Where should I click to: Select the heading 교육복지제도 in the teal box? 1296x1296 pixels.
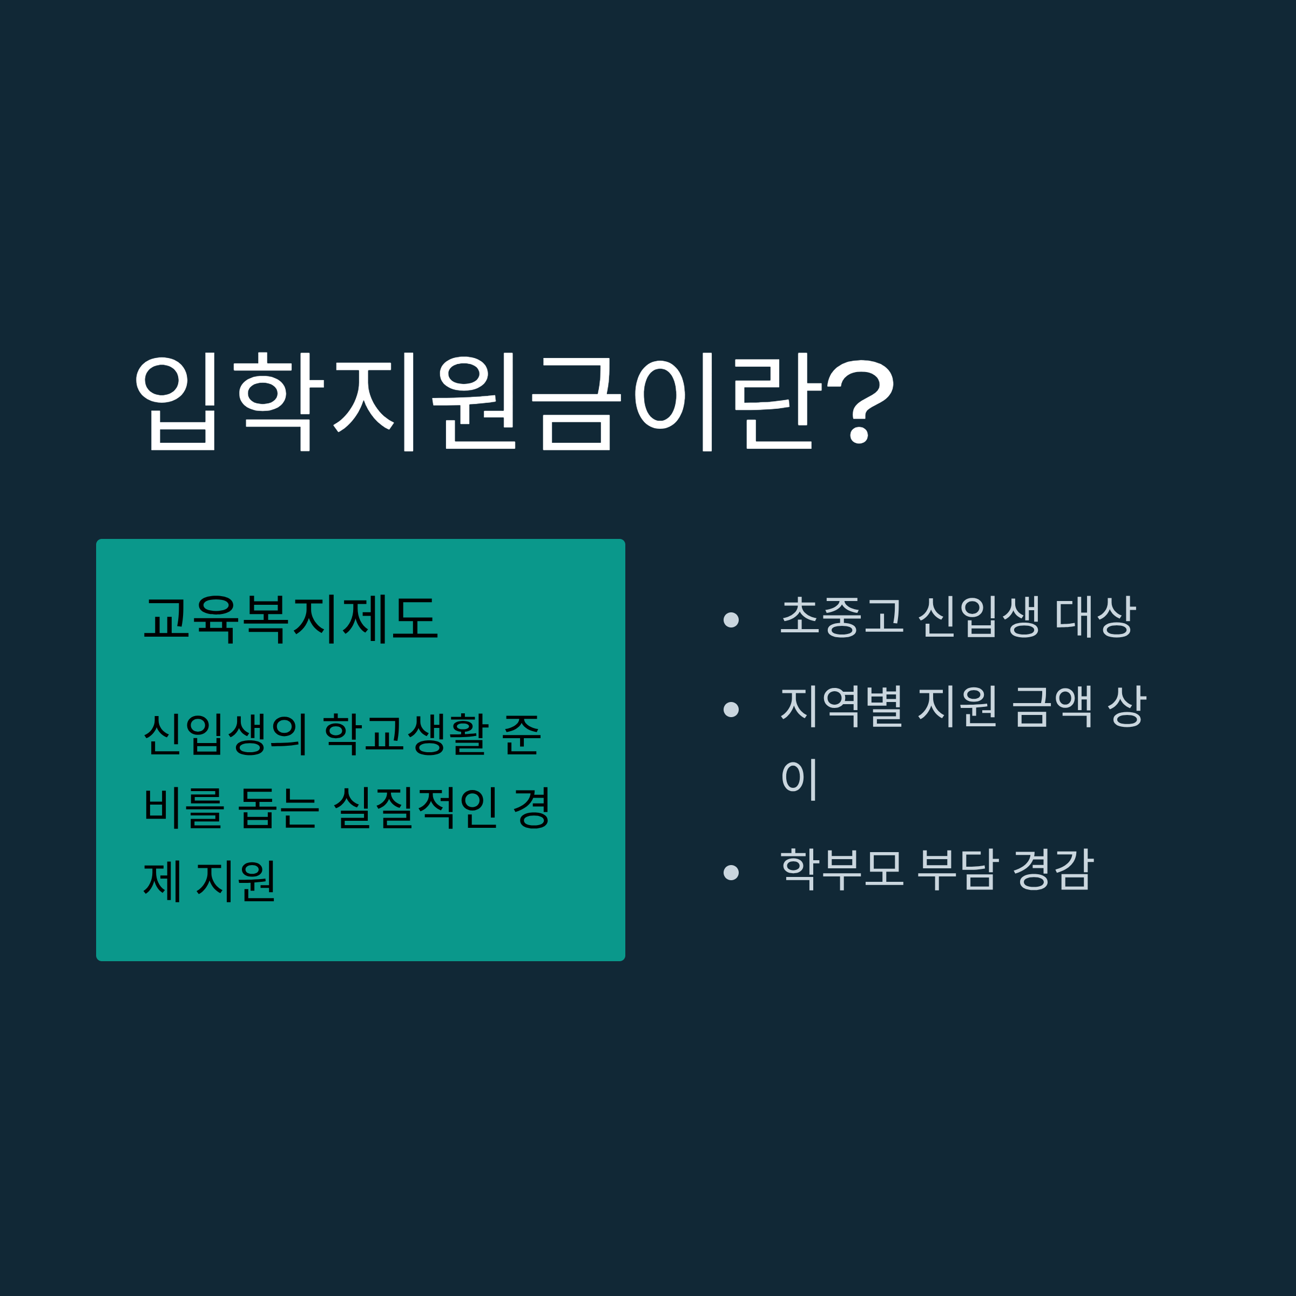point(291,618)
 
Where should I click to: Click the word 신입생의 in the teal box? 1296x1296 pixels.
point(225,734)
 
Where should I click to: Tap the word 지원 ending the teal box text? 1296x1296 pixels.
point(235,880)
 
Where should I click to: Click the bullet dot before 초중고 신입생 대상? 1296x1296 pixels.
point(731,620)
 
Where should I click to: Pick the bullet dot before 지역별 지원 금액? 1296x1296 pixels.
point(731,709)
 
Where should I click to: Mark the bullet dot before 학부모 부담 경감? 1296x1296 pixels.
point(731,872)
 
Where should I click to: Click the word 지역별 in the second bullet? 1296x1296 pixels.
point(842,706)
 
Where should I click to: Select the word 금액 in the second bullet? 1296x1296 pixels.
point(1053,706)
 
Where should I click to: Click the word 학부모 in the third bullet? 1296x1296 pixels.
point(842,869)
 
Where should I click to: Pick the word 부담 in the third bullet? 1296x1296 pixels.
point(958,869)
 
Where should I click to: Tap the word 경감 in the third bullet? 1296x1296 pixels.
point(1053,869)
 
